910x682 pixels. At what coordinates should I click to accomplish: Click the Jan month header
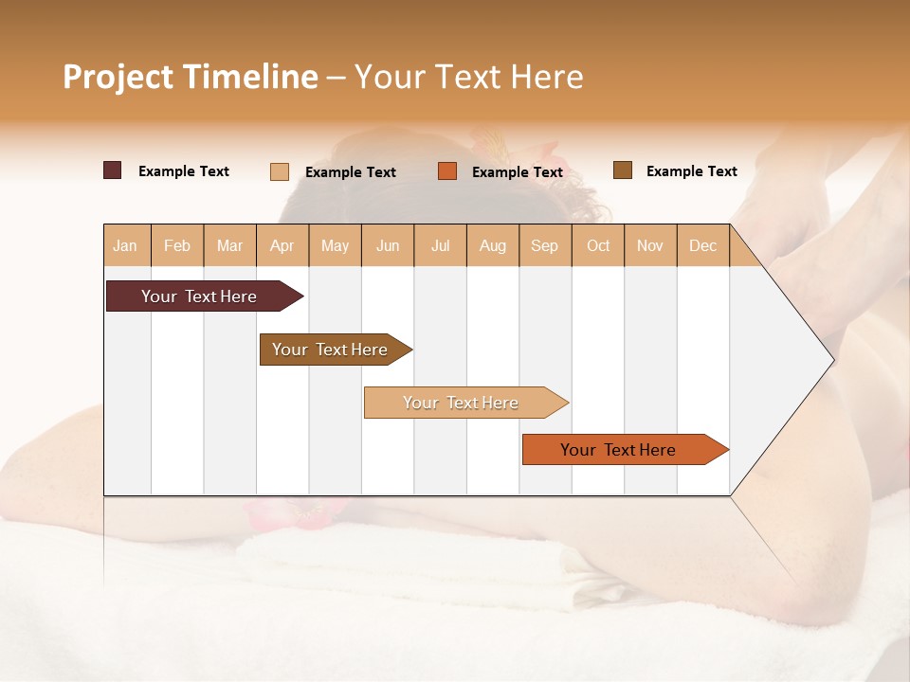125,246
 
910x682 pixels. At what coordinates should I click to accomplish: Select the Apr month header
282,246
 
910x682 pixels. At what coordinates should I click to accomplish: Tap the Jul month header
440,246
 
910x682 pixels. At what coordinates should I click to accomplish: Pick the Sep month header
544,246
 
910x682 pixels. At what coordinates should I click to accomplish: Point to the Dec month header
702,246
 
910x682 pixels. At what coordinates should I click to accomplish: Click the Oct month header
598,246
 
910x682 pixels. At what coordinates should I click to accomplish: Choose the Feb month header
177,246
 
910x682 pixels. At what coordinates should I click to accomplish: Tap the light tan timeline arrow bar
462,403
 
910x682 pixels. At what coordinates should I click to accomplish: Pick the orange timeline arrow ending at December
619,450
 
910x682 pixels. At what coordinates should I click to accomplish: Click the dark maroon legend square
112,170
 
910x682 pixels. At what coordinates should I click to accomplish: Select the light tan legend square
280,171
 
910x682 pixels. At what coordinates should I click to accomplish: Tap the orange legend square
447,171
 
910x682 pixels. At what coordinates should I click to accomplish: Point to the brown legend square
622,170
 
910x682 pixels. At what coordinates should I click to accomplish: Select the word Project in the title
118,77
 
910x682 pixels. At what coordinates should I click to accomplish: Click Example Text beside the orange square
518,172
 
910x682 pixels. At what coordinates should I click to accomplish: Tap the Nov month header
650,246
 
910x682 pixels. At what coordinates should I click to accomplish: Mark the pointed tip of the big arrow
832,359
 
